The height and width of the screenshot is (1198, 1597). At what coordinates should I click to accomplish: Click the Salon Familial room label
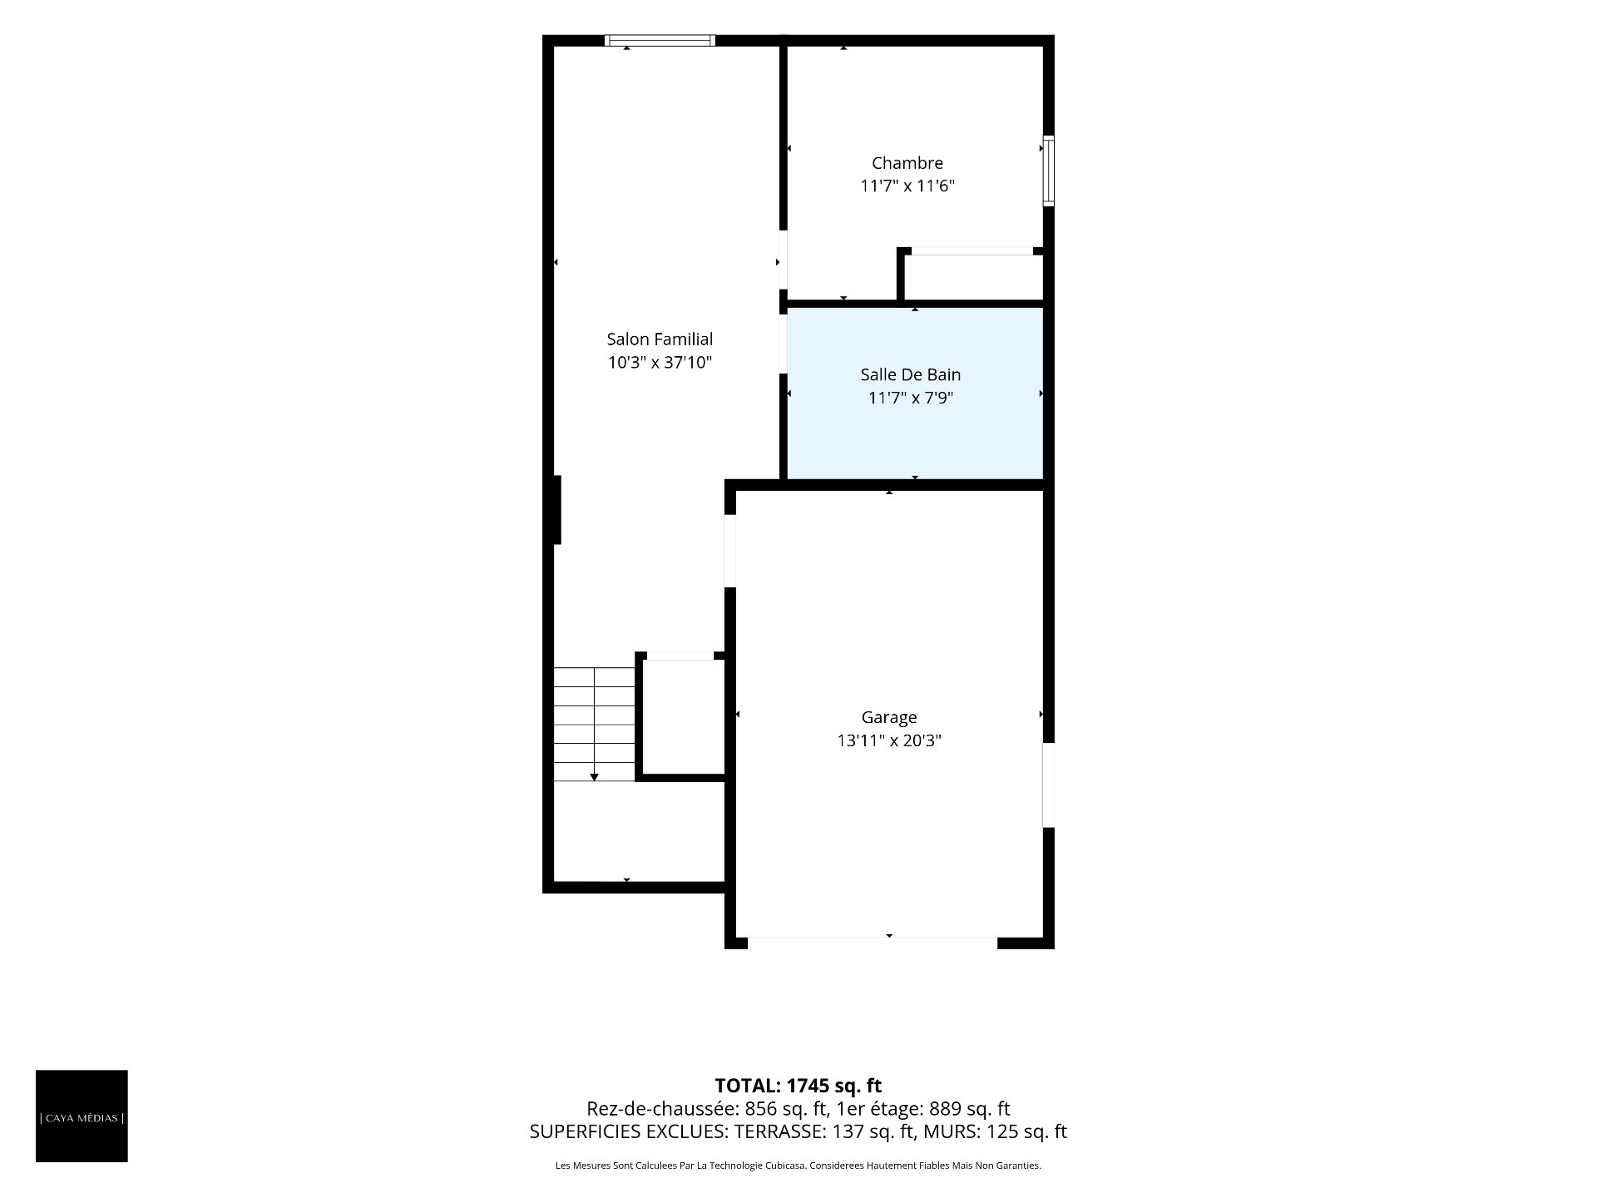(660, 339)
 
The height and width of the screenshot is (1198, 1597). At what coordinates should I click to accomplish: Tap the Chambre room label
(907, 163)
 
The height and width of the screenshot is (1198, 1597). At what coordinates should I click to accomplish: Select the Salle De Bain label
(911, 375)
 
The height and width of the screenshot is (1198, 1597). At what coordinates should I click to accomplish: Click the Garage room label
(889, 717)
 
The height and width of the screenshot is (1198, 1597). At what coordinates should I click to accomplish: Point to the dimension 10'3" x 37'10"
(660, 363)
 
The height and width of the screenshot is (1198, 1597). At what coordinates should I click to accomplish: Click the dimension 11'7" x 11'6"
(907, 186)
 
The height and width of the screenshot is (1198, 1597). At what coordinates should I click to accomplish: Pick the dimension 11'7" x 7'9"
(911, 398)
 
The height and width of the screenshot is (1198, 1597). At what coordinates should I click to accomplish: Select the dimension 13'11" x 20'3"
(889, 740)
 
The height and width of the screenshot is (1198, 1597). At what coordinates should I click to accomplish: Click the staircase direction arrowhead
(594, 777)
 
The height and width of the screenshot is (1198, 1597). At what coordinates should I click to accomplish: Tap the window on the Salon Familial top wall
(660, 40)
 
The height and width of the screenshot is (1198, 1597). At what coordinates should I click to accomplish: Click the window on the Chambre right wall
(1049, 171)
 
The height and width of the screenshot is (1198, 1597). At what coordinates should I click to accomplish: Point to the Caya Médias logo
(82, 1116)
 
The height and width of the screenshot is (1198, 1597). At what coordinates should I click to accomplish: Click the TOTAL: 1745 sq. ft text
(798, 1086)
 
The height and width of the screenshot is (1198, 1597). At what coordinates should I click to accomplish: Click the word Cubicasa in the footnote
(784, 1166)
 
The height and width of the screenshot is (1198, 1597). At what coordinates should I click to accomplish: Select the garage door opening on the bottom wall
(873, 943)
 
